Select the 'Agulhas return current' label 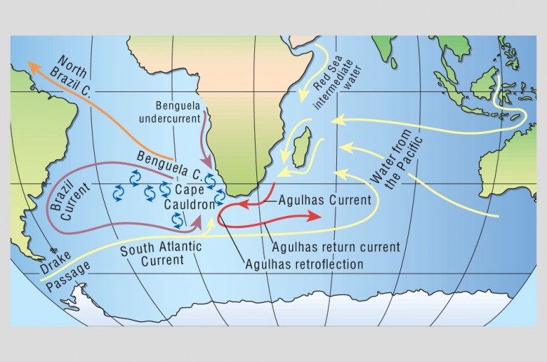tap(335, 248)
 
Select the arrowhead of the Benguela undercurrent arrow tap(209, 164)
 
